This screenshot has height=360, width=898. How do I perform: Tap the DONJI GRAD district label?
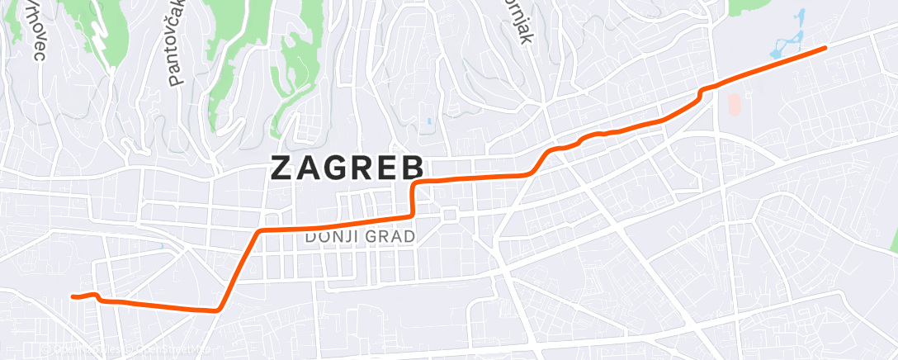pyautogui.click(x=360, y=237)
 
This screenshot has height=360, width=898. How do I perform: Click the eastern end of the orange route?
pyautogui.click(x=825, y=49)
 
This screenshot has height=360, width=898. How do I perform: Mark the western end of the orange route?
pyautogui.click(x=73, y=296)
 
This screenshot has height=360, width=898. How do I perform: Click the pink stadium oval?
pyautogui.click(x=735, y=104)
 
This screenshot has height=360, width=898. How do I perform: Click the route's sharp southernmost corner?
pyautogui.click(x=216, y=310)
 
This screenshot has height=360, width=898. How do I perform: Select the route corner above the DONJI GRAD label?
pyautogui.click(x=261, y=231)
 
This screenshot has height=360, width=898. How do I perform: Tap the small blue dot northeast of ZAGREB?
pyautogui.click(x=429, y=122)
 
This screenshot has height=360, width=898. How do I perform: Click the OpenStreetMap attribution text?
pyautogui.click(x=124, y=351)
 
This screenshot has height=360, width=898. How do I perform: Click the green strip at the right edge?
pyautogui.click(x=894, y=235)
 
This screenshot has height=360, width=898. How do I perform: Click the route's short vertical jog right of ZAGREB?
pyautogui.click(x=412, y=198)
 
